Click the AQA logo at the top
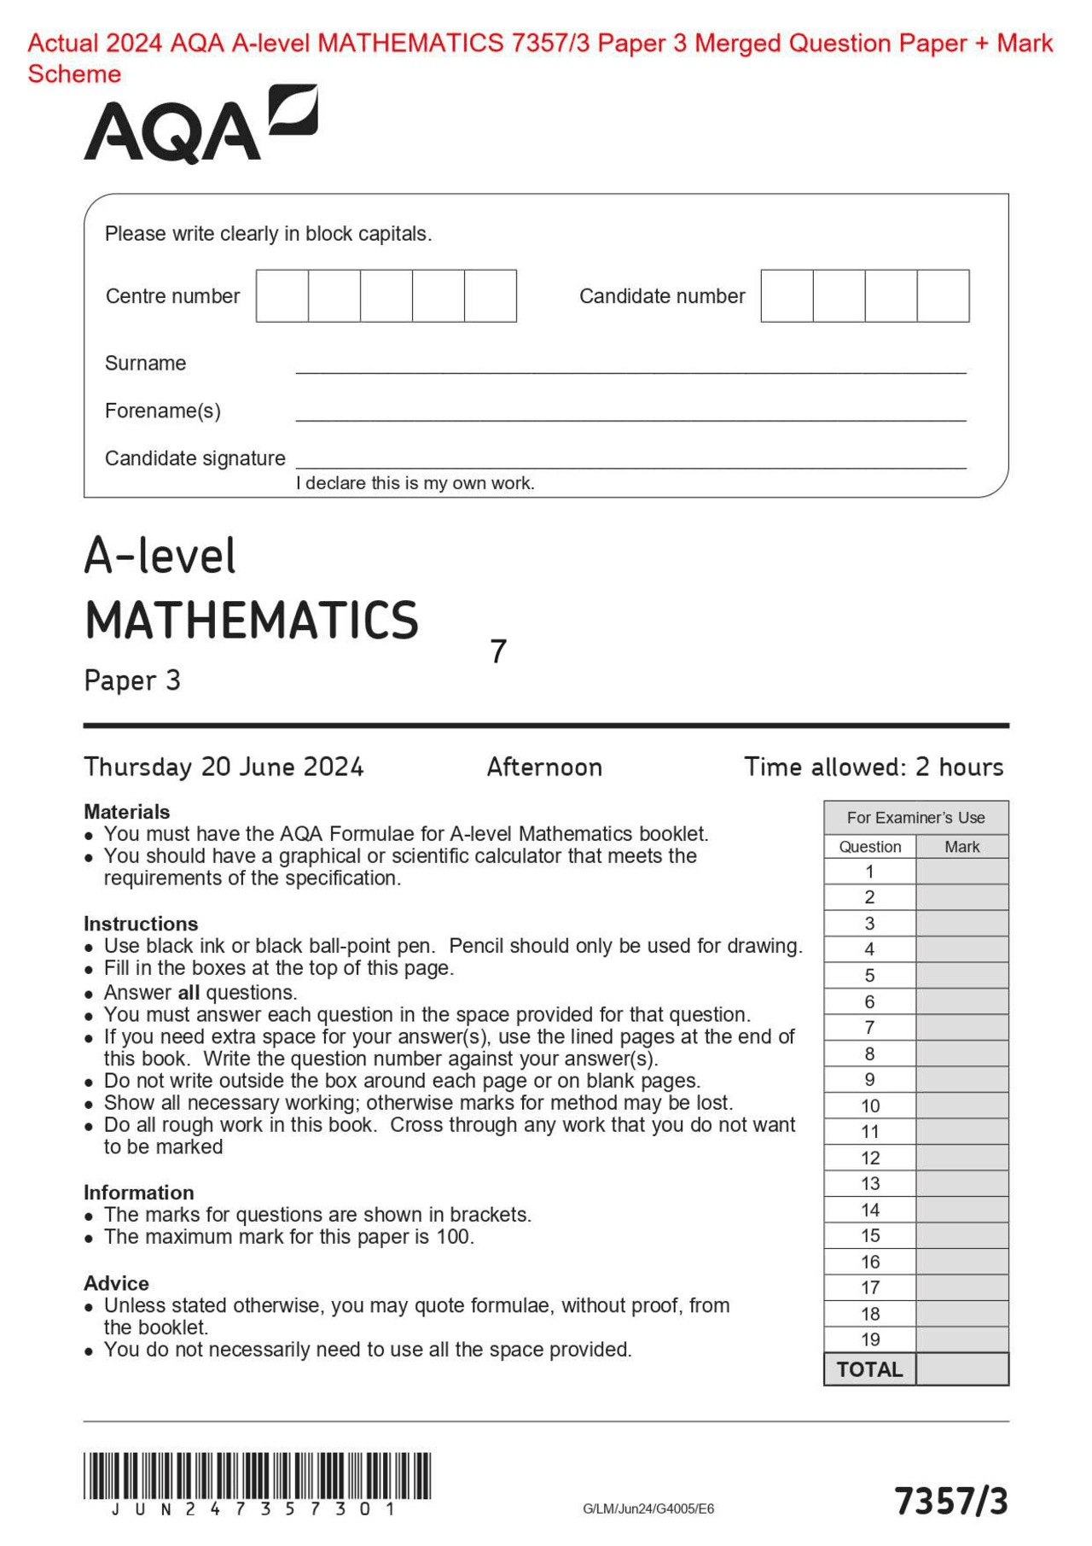click(x=200, y=125)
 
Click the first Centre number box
click(x=282, y=295)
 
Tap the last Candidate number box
click(x=943, y=295)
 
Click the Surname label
click(x=145, y=363)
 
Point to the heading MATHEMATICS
click(x=252, y=621)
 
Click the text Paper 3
click(x=132, y=681)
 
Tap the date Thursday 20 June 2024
click(x=224, y=767)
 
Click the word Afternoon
click(x=544, y=767)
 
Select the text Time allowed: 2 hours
click(x=873, y=767)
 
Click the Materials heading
click(x=126, y=811)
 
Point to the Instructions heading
click(x=141, y=924)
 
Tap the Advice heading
click(x=116, y=1283)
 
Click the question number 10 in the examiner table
click(x=869, y=1106)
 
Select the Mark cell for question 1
click(x=961, y=872)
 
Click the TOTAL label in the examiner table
click(x=869, y=1369)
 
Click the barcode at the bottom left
click(x=257, y=1476)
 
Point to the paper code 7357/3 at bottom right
click(x=950, y=1501)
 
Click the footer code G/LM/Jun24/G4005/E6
click(x=648, y=1508)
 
